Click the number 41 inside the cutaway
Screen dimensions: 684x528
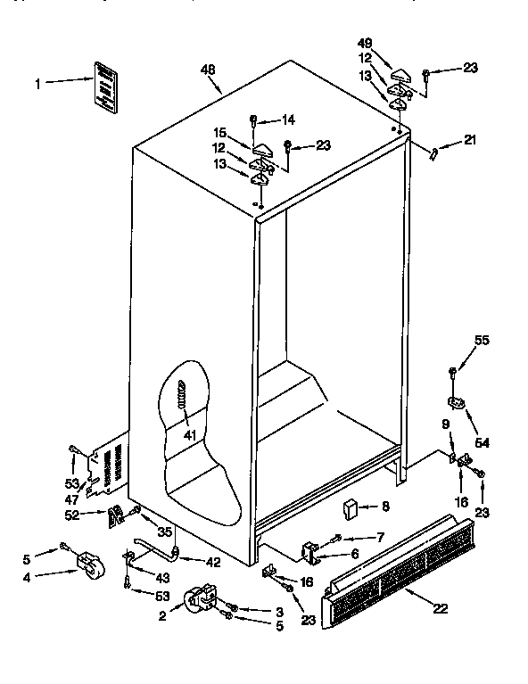(190, 436)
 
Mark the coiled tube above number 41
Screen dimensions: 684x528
(184, 396)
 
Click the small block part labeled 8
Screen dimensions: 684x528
(351, 509)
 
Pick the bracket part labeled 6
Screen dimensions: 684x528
(311, 553)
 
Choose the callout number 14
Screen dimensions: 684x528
(288, 119)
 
